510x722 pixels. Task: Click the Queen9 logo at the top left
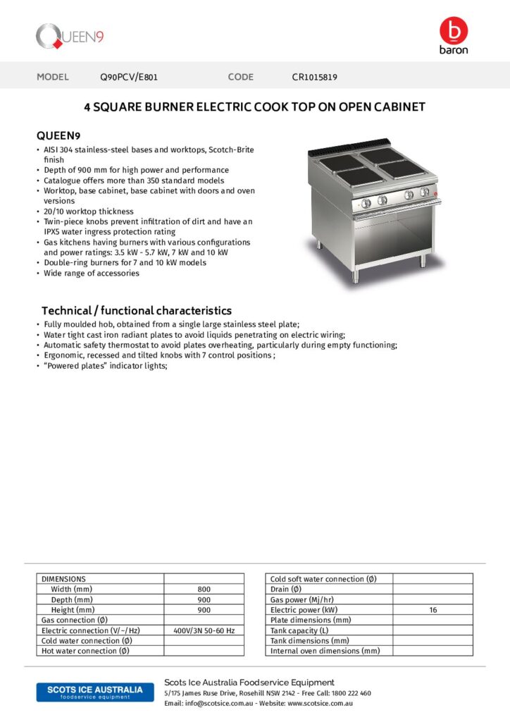click(70, 36)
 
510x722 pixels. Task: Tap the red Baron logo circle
click(453, 31)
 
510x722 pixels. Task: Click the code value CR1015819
click(314, 77)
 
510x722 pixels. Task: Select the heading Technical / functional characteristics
click(136, 310)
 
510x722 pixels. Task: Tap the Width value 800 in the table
click(204, 589)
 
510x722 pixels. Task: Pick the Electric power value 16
click(433, 610)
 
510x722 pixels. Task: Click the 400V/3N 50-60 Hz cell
click(204, 630)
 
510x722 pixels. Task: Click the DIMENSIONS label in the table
click(63, 579)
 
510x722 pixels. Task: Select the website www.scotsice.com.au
click(320, 703)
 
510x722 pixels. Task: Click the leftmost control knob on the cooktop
click(366, 202)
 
